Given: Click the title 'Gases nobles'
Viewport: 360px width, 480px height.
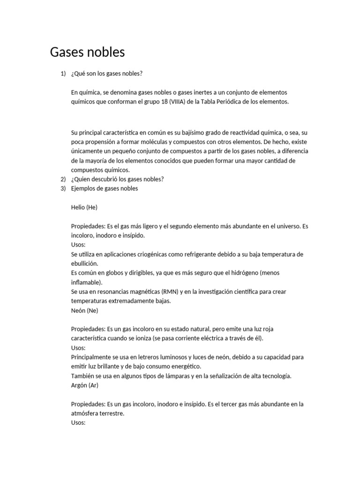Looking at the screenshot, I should pyautogui.click(x=87, y=52).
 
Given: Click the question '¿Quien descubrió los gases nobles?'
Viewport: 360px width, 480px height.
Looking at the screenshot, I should pyautogui.click(x=117, y=179).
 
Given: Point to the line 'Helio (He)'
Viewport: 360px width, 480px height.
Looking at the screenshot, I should pyautogui.click(x=84, y=207).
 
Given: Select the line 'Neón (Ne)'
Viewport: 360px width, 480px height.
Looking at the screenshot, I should pyautogui.click(x=85, y=310).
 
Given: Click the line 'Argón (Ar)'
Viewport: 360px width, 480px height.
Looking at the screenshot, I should pyautogui.click(x=85, y=385).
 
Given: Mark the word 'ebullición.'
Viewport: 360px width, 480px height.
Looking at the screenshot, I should pyautogui.click(x=84, y=263).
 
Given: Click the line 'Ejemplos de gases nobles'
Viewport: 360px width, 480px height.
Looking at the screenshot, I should pyautogui.click(x=105, y=188).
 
